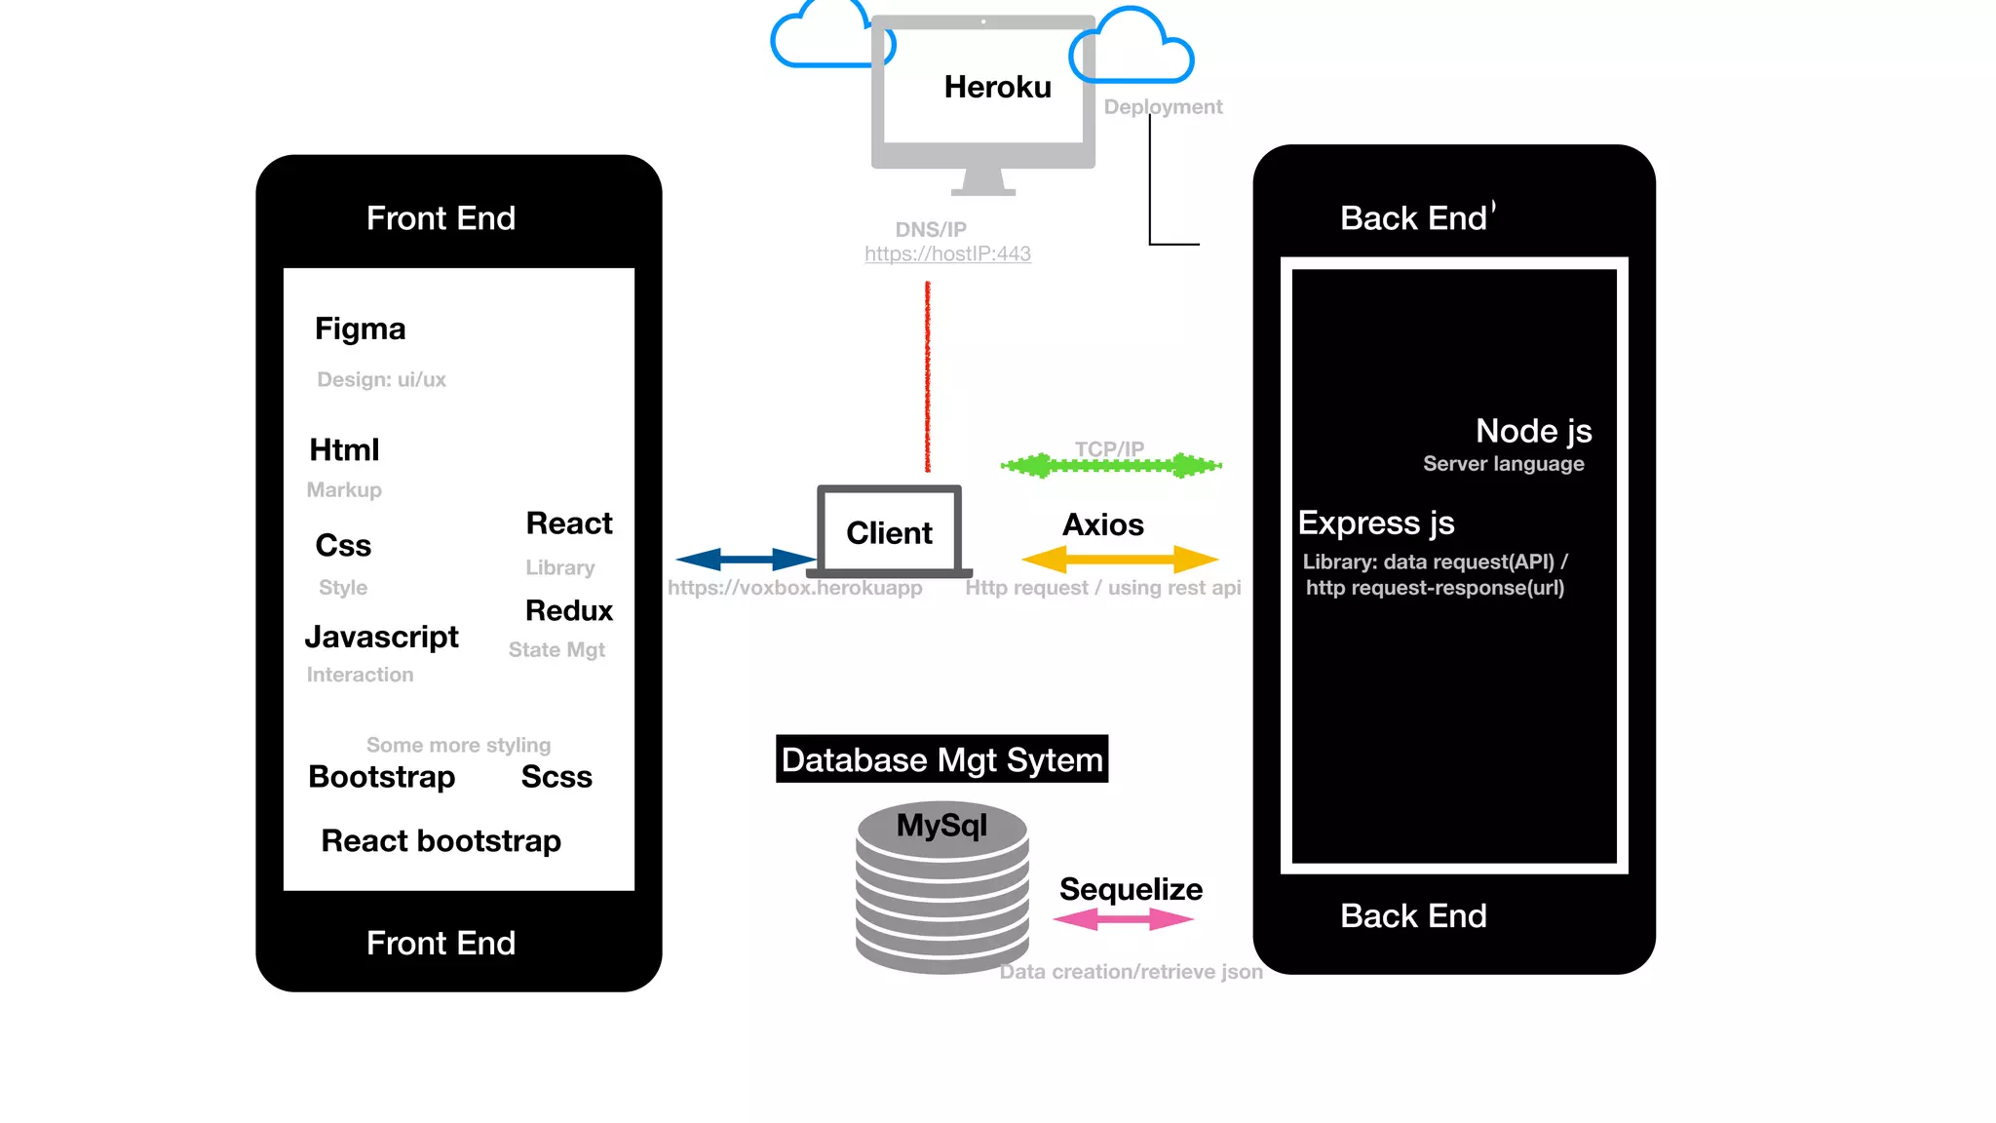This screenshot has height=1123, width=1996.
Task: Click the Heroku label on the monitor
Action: coord(997,87)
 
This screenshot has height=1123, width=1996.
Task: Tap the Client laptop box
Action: coord(890,530)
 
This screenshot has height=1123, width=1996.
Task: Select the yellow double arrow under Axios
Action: coord(1120,560)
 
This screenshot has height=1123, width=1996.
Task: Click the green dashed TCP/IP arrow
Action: coord(1111,466)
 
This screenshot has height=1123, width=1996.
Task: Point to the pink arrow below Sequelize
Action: coord(1124,919)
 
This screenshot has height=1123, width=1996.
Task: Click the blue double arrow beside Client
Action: coord(746,559)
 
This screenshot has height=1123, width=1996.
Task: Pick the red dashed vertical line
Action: coord(928,376)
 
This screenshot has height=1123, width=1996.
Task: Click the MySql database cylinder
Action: coord(942,887)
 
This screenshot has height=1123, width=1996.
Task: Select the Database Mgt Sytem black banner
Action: coord(941,758)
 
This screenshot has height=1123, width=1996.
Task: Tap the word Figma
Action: coord(360,329)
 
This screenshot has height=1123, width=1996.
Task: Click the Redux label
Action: coord(569,610)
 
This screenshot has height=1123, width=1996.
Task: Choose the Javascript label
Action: coord(381,638)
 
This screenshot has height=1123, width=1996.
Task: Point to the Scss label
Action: coord(557,777)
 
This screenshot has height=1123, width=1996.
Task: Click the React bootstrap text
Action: coord(441,841)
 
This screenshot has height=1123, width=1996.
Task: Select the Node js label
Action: coord(1533,431)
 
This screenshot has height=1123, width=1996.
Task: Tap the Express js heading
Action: coord(1376,523)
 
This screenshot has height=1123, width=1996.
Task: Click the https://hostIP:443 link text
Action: coord(947,253)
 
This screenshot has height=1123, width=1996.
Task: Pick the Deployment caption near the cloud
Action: coord(1163,107)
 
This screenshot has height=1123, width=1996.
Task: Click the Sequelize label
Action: coord(1131,890)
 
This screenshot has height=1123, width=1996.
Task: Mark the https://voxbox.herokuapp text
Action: coord(794,588)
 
